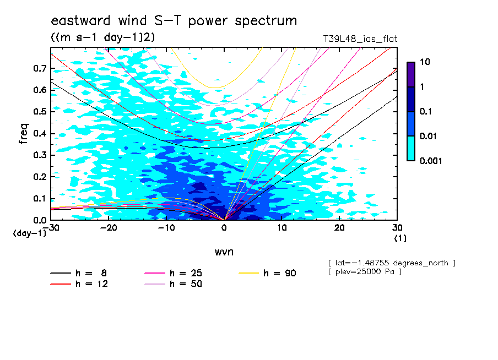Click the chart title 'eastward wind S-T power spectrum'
[x=174, y=21]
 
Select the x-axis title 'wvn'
[x=224, y=252]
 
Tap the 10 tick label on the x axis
[x=282, y=228]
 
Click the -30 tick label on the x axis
[x=51, y=228]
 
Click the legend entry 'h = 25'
[x=186, y=273]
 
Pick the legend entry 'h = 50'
[x=186, y=284]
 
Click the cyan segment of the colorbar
[x=411, y=148]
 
